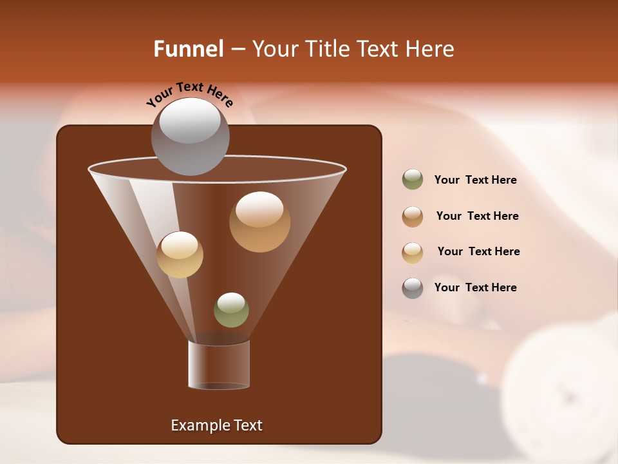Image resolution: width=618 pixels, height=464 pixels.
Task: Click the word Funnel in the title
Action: (188, 49)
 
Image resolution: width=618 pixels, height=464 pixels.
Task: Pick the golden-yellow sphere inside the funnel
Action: (180, 255)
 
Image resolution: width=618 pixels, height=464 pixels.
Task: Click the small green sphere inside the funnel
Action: (231, 310)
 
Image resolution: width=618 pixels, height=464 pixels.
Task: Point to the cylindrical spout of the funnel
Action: (219, 364)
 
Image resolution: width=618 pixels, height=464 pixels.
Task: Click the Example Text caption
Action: (216, 425)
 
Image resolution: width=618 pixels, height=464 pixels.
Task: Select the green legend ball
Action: (413, 180)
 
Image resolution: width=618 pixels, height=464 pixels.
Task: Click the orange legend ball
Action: (413, 217)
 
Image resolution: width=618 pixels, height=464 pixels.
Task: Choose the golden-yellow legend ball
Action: (413, 253)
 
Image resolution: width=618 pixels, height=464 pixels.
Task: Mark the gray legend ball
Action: (413, 288)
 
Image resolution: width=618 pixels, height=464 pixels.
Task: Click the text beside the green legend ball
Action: (475, 180)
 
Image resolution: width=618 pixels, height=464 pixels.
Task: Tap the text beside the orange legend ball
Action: (477, 217)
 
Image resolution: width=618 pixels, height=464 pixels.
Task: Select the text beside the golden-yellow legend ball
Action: (478, 252)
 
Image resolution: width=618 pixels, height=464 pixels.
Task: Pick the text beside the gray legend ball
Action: (475, 287)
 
